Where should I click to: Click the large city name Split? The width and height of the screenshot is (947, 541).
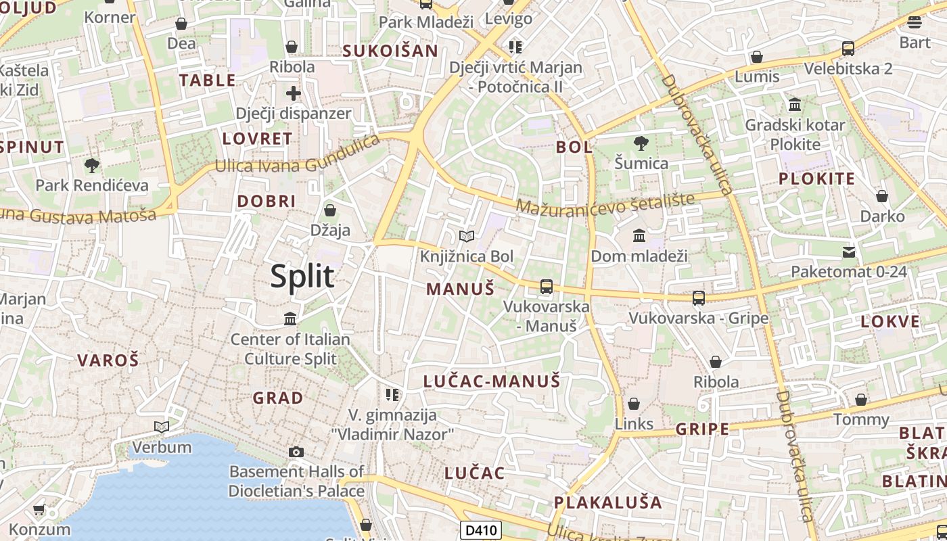302,277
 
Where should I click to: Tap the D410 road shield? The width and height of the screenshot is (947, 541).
481,530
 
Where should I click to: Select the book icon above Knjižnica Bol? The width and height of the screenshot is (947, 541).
466,236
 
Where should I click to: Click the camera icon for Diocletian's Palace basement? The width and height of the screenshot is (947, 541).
296,452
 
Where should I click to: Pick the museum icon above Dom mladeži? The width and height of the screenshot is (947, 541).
639,235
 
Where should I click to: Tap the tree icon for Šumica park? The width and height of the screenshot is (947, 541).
641,143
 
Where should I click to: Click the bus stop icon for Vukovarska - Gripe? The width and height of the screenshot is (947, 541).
698,298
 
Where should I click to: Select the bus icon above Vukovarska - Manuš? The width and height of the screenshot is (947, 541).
547,287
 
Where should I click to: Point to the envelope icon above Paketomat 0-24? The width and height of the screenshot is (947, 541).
848,252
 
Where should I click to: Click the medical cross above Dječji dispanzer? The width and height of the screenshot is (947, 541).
293,93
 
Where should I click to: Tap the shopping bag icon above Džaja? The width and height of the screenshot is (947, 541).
330,210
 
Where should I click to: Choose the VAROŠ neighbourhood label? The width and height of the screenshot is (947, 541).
108,360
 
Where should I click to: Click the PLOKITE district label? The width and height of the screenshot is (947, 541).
817,179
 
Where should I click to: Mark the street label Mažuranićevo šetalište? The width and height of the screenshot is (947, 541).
605,202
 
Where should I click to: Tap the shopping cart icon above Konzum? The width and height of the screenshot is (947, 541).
39,509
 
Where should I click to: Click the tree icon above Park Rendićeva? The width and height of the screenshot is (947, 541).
91,165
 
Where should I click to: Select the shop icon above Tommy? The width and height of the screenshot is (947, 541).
860,400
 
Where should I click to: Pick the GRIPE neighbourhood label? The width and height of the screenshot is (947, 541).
703,429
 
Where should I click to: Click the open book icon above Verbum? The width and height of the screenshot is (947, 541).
161,427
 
